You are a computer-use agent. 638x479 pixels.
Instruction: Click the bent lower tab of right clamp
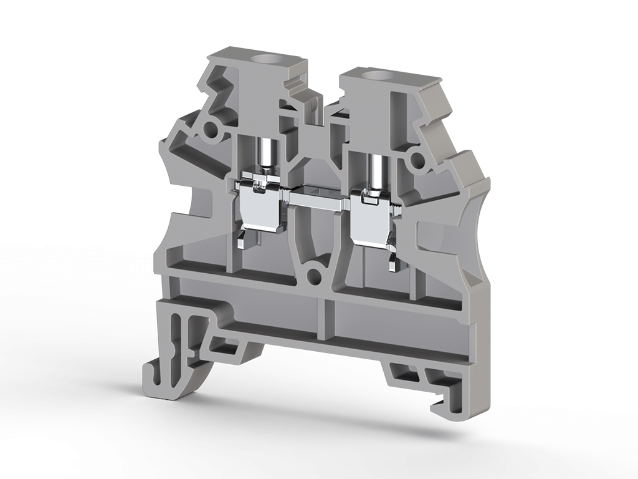pos(393,262)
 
